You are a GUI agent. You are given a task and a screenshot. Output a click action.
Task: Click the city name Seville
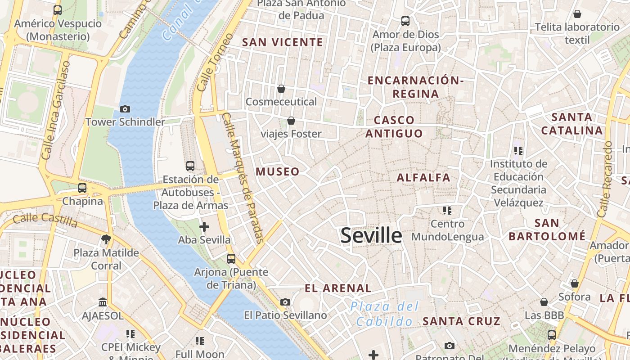[371, 235]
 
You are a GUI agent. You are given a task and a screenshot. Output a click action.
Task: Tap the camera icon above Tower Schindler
[125, 109]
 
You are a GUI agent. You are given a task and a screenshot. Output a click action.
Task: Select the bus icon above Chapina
[82, 188]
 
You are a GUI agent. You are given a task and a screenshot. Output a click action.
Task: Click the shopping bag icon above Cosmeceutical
[281, 89]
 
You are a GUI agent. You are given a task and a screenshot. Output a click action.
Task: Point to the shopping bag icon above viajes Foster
[291, 121]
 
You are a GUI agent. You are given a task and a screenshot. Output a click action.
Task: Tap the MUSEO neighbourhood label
[278, 171]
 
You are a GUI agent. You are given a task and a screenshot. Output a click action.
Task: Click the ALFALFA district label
[423, 177]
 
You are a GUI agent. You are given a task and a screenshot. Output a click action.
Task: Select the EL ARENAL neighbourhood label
[338, 288]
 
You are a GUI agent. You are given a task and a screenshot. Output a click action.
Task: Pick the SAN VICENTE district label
[283, 42]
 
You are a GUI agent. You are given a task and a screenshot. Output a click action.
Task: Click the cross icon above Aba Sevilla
[204, 227]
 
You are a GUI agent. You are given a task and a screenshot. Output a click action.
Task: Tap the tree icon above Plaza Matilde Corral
[106, 239]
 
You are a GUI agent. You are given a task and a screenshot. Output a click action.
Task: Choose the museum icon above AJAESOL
[103, 302]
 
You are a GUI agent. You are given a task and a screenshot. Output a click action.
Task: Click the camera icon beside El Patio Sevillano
[285, 302]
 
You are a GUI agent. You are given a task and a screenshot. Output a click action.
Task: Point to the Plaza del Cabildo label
[385, 314]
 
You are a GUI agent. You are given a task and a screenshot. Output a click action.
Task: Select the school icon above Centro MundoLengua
[447, 210]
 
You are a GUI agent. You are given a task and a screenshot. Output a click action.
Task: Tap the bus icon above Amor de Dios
[405, 21]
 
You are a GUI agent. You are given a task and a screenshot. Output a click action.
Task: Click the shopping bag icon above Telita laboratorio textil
[577, 14]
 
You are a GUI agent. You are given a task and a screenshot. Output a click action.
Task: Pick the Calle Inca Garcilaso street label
[56, 111]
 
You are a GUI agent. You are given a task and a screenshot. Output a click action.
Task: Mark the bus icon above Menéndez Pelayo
[552, 335]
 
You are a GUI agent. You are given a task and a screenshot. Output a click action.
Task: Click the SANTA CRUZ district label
[462, 321]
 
